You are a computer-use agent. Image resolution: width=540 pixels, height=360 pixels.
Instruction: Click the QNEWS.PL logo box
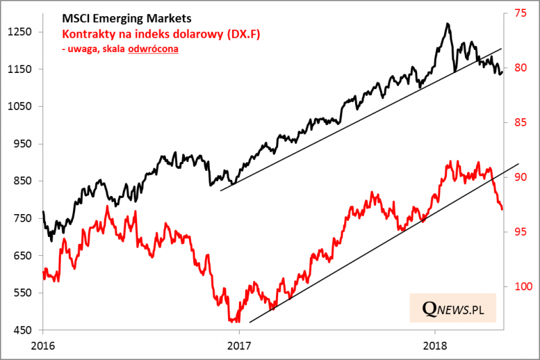453,308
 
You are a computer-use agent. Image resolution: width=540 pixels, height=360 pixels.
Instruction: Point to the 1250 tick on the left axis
20,32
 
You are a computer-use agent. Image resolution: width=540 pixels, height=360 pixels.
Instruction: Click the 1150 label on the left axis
20,69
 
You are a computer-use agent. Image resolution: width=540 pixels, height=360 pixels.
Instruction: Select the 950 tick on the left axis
23,144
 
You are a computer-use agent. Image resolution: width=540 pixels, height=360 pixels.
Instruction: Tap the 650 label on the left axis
23,256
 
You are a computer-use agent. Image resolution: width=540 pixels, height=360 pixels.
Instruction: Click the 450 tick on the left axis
23,330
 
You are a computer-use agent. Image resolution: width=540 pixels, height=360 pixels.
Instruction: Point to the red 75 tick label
518,13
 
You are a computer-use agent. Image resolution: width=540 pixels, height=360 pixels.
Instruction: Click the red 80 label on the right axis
518,68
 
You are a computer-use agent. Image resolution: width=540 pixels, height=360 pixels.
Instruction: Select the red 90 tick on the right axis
518,177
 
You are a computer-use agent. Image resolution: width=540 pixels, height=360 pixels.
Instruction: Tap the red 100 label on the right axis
520,287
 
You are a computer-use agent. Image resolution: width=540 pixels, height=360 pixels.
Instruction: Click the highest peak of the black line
448,24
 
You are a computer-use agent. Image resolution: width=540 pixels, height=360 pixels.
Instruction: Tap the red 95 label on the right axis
518,232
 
